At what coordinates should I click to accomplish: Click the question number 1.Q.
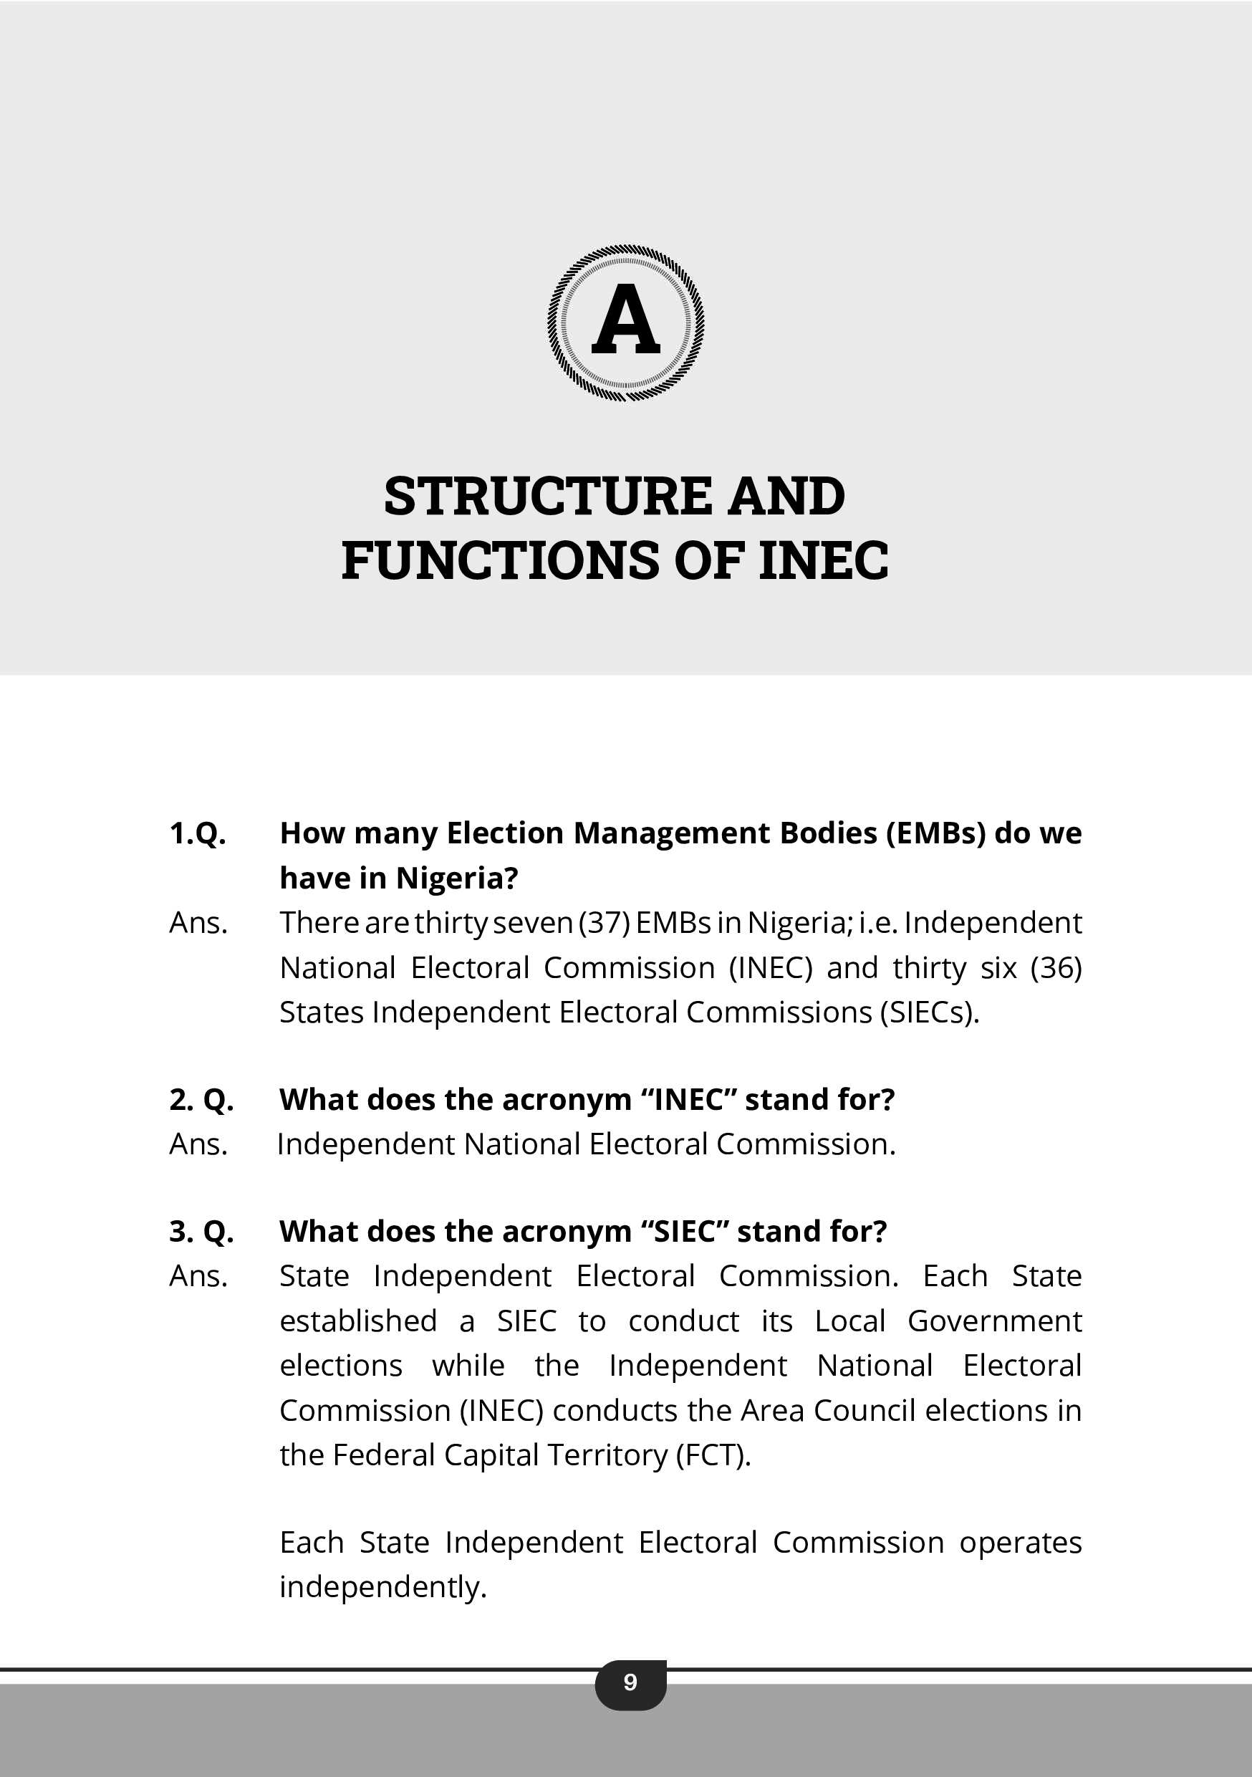pos(197,833)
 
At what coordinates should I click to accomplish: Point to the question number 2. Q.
pos(201,1100)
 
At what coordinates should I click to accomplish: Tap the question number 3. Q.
pos(201,1232)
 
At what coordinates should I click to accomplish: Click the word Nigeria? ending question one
pos(456,878)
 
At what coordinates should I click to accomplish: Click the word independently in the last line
pos(383,1586)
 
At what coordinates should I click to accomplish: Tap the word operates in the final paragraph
pos(1020,1543)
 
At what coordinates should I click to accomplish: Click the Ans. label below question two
pos(198,1145)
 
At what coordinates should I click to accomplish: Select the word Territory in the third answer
pos(607,1456)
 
